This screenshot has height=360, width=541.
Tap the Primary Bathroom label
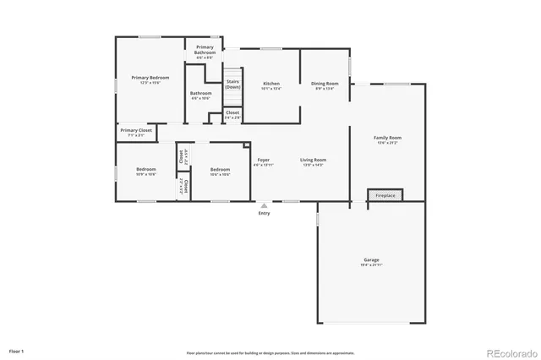[205, 50]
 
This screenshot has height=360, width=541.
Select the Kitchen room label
[271, 85]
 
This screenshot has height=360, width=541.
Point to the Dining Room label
[325, 85]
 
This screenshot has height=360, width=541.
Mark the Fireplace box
[385, 195]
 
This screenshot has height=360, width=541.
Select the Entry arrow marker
[265, 205]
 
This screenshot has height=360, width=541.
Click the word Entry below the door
[265, 212]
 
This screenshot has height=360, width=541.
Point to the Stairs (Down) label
[232, 85]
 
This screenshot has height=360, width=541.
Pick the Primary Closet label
[136, 132]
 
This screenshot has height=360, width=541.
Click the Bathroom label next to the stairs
[200, 95]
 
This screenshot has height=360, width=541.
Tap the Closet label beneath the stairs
[232, 114]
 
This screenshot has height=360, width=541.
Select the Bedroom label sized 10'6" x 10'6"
[220, 172]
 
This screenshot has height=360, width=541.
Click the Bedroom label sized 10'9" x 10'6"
[146, 172]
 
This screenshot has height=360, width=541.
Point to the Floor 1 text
[17, 350]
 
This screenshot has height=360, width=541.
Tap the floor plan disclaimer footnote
[270, 353]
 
